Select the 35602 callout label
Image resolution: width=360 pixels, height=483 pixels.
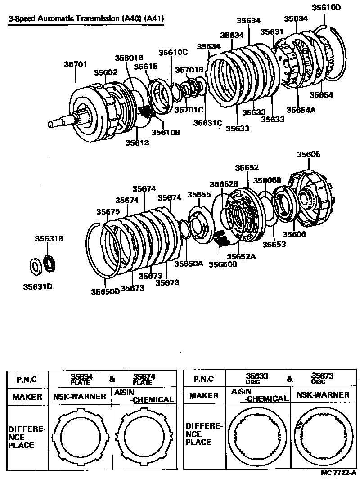point(105,72)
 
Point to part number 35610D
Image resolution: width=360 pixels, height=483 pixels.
point(326,8)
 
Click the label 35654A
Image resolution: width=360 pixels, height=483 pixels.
point(300,110)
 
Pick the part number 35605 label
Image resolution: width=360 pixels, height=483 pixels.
point(308,154)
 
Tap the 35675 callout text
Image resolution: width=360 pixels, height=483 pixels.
point(108,211)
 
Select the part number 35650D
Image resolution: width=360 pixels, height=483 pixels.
point(105,291)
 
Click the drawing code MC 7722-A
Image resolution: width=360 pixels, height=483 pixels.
point(338,474)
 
